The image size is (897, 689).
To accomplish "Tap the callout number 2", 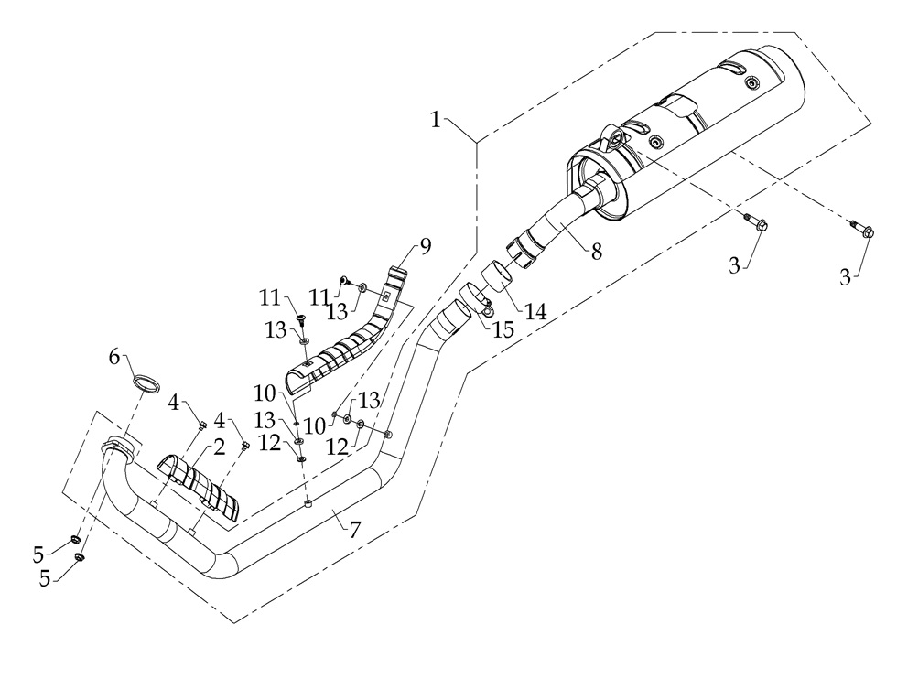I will [x=220, y=447].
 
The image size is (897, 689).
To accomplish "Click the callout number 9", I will [x=425, y=245].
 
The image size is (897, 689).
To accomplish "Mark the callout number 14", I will [x=535, y=311].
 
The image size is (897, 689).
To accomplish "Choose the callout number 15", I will [x=503, y=330].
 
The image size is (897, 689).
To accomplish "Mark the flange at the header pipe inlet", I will [x=122, y=448].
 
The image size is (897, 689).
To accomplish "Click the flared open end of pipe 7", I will [x=451, y=320].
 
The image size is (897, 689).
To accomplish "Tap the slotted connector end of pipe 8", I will [x=525, y=250].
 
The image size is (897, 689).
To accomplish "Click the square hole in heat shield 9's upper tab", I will [x=386, y=296].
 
